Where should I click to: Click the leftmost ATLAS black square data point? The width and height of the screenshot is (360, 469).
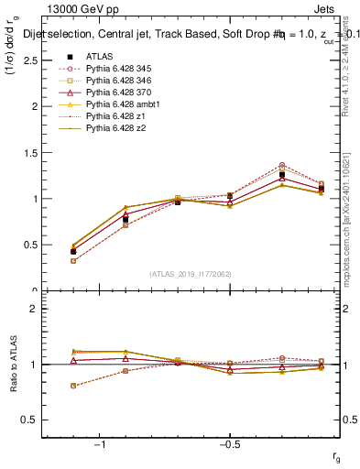point(73,251)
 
